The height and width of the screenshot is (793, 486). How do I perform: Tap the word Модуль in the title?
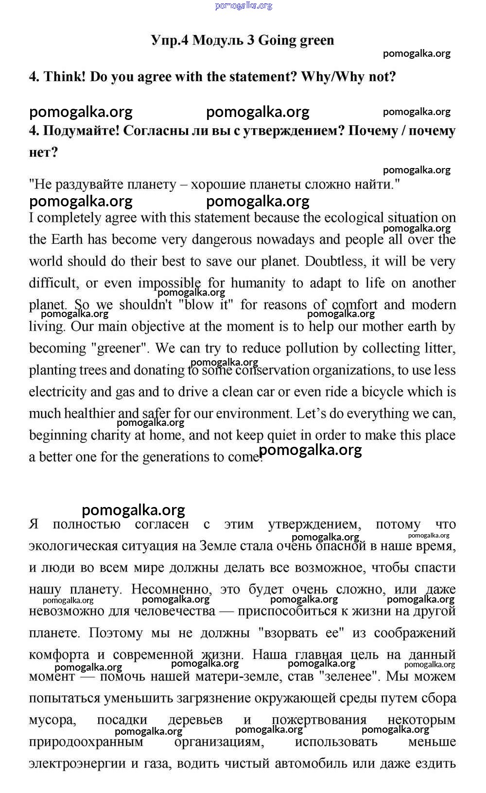point(217,40)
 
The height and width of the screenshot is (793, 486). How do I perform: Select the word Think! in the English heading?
point(65,77)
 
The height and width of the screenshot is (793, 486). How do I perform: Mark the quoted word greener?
point(119,348)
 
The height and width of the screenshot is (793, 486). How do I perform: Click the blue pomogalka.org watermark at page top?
point(243,5)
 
